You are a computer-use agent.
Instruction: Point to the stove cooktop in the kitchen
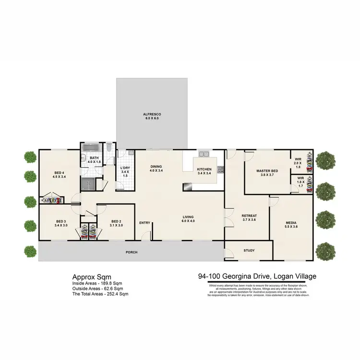(221, 169)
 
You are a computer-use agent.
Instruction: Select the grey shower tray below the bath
(88, 183)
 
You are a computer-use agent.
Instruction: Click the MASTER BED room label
(267, 171)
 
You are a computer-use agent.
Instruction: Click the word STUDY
(249, 251)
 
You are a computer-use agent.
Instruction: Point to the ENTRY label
(144, 223)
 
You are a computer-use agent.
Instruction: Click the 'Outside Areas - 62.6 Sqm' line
(97, 288)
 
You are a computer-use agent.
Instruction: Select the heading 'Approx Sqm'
(92, 277)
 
